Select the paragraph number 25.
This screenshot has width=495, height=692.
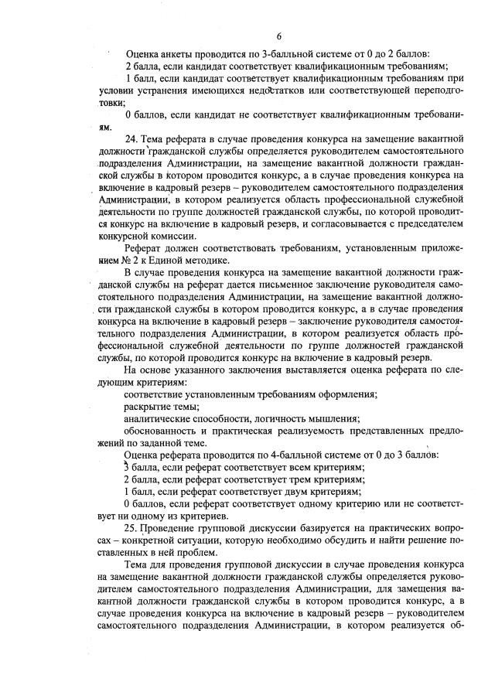pos(131,527)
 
